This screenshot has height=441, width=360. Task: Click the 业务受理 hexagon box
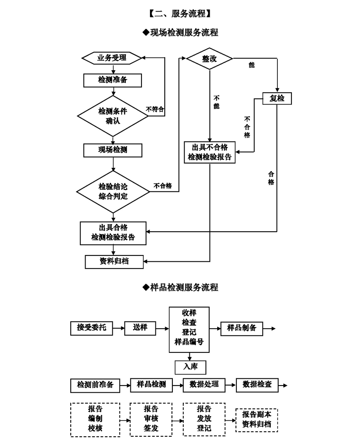click(x=112, y=58)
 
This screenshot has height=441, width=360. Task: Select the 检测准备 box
click(x=112, y=80)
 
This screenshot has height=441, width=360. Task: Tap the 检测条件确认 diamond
click(x=113, y=116)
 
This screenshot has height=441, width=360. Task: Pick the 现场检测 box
click(x=113, y=150)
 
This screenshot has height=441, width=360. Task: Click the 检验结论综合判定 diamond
click(x=113, y=191)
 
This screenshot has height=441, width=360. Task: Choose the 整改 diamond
click(x=210, y=59)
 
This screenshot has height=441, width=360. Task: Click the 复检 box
click(x=277, y=99)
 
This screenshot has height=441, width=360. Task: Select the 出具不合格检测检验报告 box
click(x=210, y=152)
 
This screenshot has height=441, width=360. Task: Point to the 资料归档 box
click(x=114, y=262)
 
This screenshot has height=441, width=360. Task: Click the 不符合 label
click(x=155, y=109)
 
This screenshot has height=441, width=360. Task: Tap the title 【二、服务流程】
click(x=180, y=14)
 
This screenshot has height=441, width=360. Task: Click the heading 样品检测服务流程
click(x=180, y=287)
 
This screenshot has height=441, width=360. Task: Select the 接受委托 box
click(x=91, y=328)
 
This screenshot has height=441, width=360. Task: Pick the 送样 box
click(x=140, y=328)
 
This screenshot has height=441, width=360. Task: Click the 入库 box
click(x=191, y=367)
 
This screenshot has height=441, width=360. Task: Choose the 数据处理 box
click(x=204, y=385)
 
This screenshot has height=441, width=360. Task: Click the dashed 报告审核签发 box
click(x=151, y=420)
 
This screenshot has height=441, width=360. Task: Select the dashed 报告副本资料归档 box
click(x=257, y=420)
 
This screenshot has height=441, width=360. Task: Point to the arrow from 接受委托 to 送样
click(x=119, y=328)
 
